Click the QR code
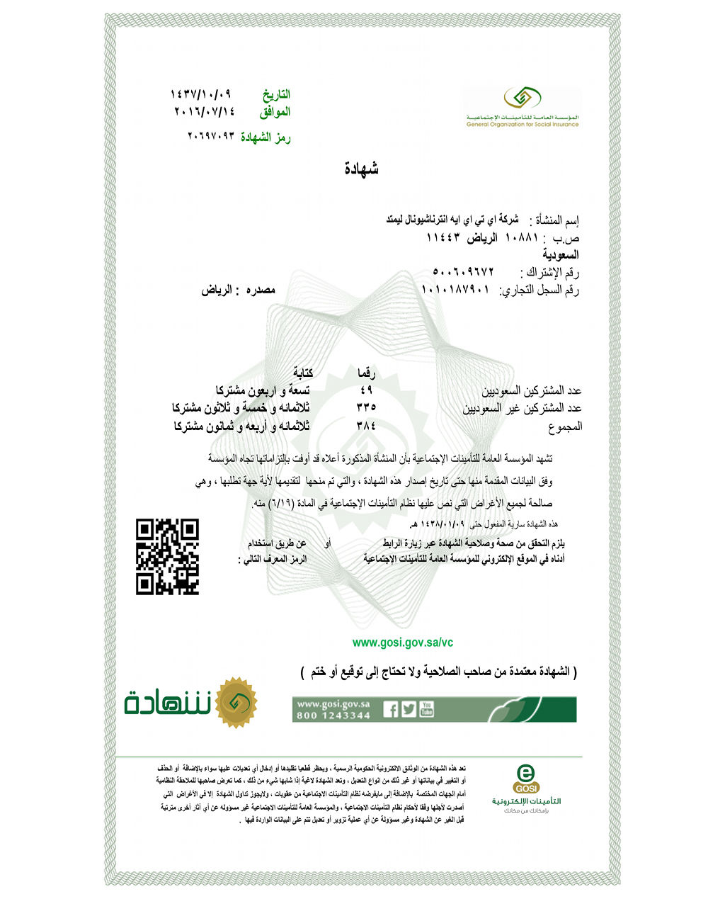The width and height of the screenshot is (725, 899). coord(167,557)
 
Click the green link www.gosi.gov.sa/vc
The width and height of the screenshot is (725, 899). coord(402,643)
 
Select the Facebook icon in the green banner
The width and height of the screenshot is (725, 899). coord(391,709)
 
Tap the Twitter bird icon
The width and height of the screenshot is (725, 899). coord(409,709)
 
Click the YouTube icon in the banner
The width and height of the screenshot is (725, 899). coord(426,708)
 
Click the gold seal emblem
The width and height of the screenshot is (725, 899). coord(236,703)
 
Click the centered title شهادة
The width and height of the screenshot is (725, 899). coord(361,169)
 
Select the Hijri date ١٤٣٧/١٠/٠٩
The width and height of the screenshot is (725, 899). coord(201,94)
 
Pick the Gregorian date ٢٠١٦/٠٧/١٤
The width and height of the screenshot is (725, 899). coord(204,111)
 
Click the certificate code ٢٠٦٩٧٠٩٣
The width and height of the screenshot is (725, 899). coord(210,135)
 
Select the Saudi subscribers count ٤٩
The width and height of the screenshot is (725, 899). coord(366,390)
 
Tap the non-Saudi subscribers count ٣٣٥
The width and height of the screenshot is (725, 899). coord(366,408)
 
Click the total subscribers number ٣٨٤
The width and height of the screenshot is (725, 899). coord(366,426)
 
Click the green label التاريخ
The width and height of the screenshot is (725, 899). coord(276,94)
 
